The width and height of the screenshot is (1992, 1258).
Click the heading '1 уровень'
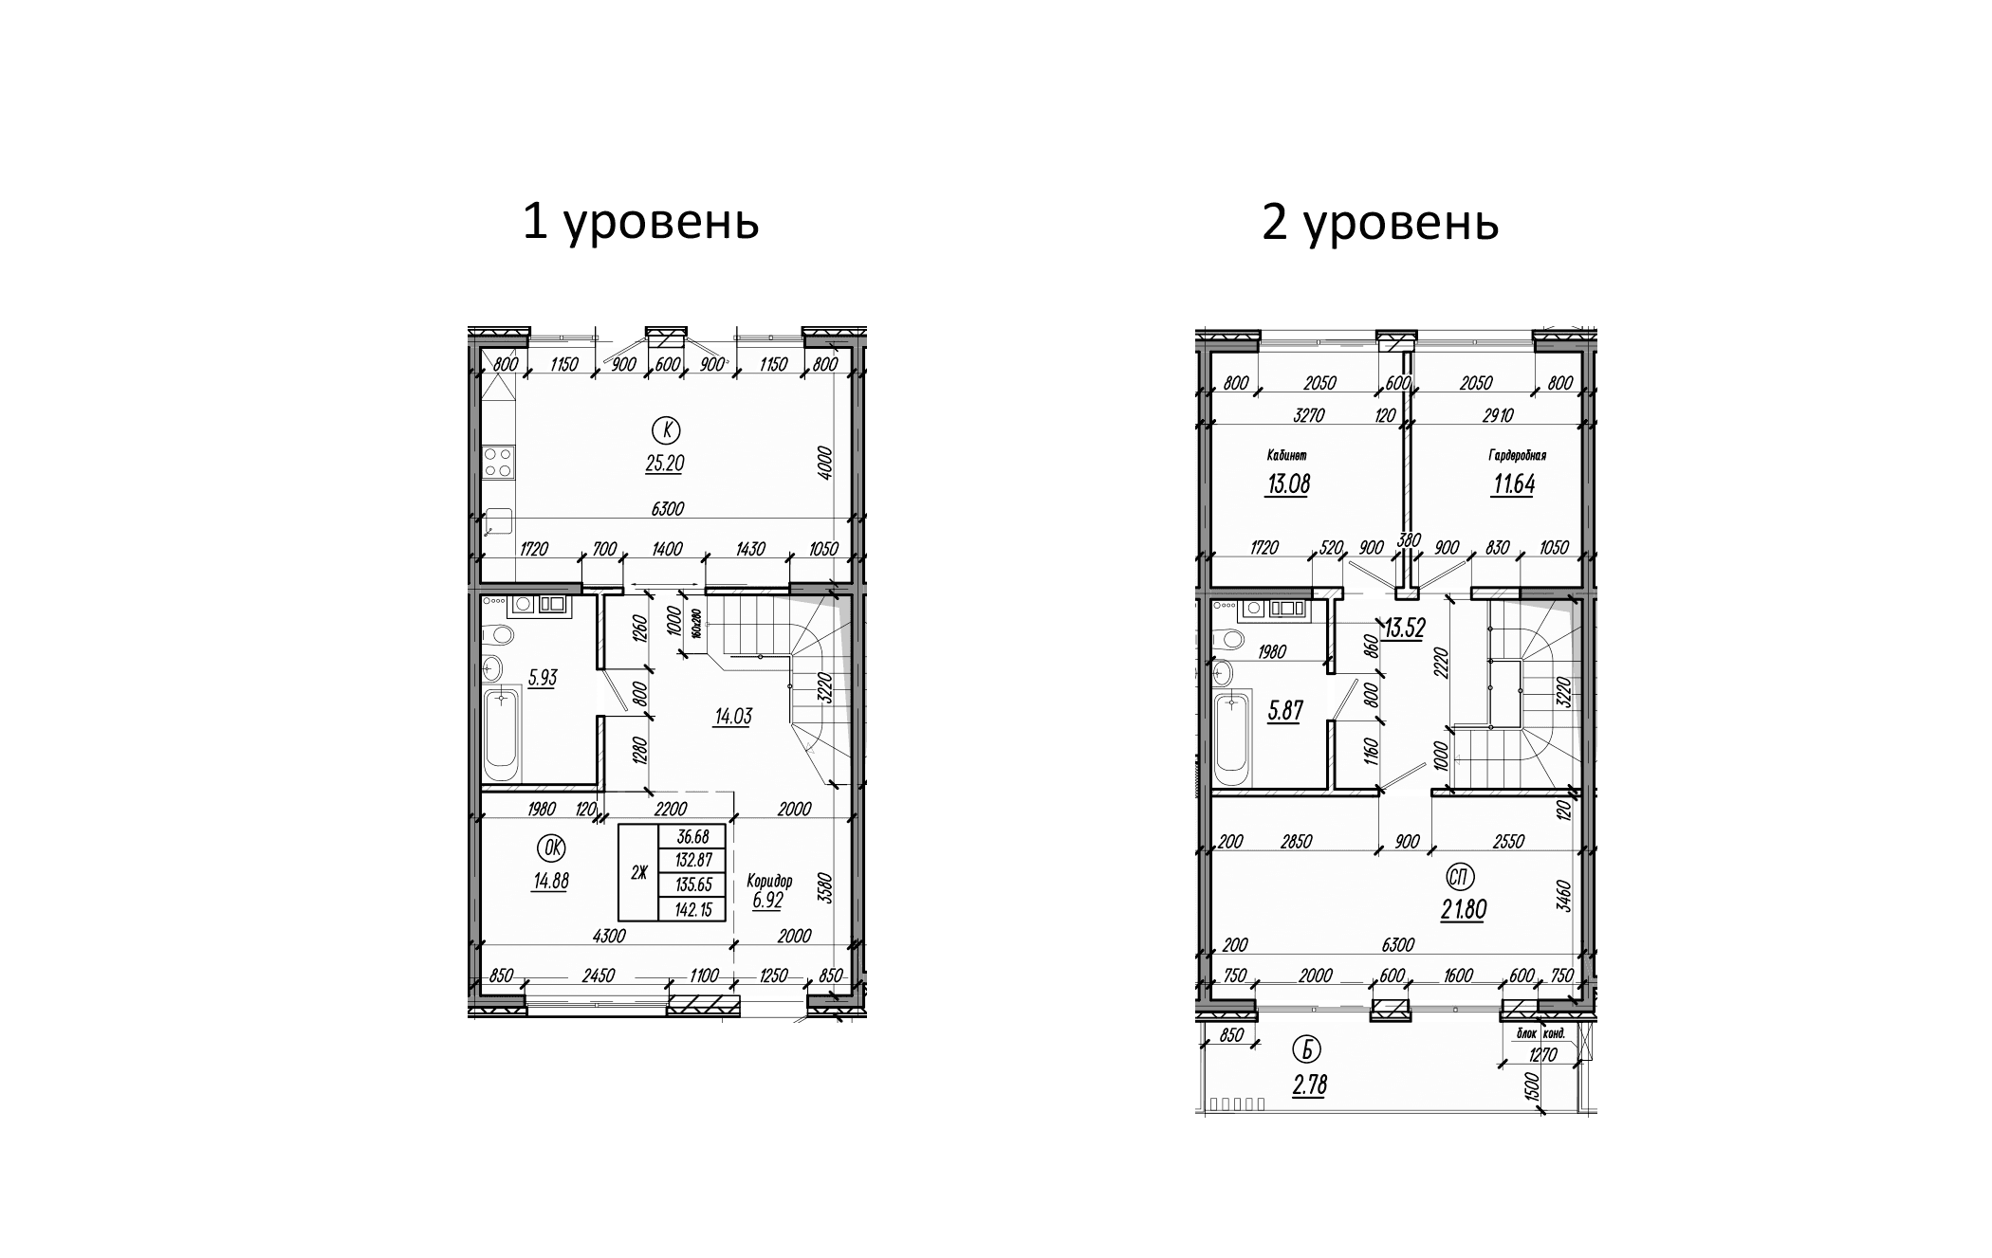pyautogui.click(x=640, y=223)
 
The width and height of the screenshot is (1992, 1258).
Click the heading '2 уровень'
pyautogui.click(x=1379, y=223)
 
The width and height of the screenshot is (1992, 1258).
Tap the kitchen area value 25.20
pyautogui.click(x=664, y=464)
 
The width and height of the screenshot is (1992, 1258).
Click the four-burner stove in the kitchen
pyautogui.click(x=498, y=462)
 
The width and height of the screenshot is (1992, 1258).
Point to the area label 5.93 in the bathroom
pyautogui.click(x=543, y=678)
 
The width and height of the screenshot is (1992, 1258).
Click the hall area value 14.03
pyautogui.click(x=732, y=717)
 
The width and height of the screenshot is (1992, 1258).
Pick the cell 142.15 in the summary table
pyautogui.click(x=693, y=910)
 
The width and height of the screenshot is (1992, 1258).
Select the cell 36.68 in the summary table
pyautogui.click(x=693, y=837)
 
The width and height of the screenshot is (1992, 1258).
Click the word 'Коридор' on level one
pyautogui.click(x=768, y=880)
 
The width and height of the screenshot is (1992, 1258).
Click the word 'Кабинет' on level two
pyautogui.click(x=1286, y=456)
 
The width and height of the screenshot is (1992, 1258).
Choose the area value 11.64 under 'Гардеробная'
pyautogui.click(x=1514, y=484)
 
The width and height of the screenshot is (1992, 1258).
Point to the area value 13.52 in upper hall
pyautogui.click(x=1403, y=629)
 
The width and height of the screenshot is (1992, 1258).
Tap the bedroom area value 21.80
pyautogui.click(x=1463, y=910)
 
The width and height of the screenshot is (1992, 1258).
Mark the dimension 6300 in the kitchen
pyautogui.click(x=668, y=509)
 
